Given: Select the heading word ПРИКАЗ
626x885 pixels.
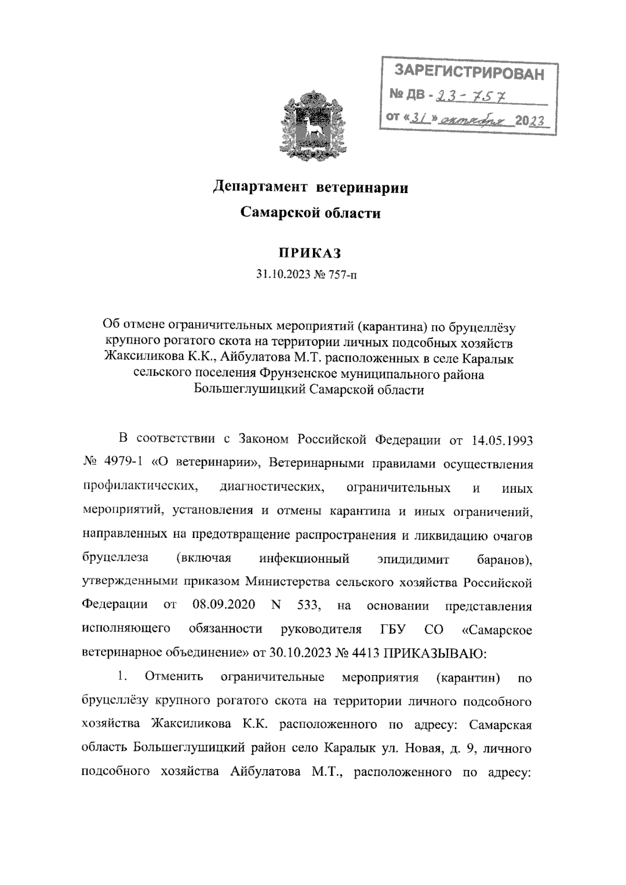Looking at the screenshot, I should click(309, 253).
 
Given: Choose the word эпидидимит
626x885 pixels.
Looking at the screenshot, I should click(413, 559).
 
